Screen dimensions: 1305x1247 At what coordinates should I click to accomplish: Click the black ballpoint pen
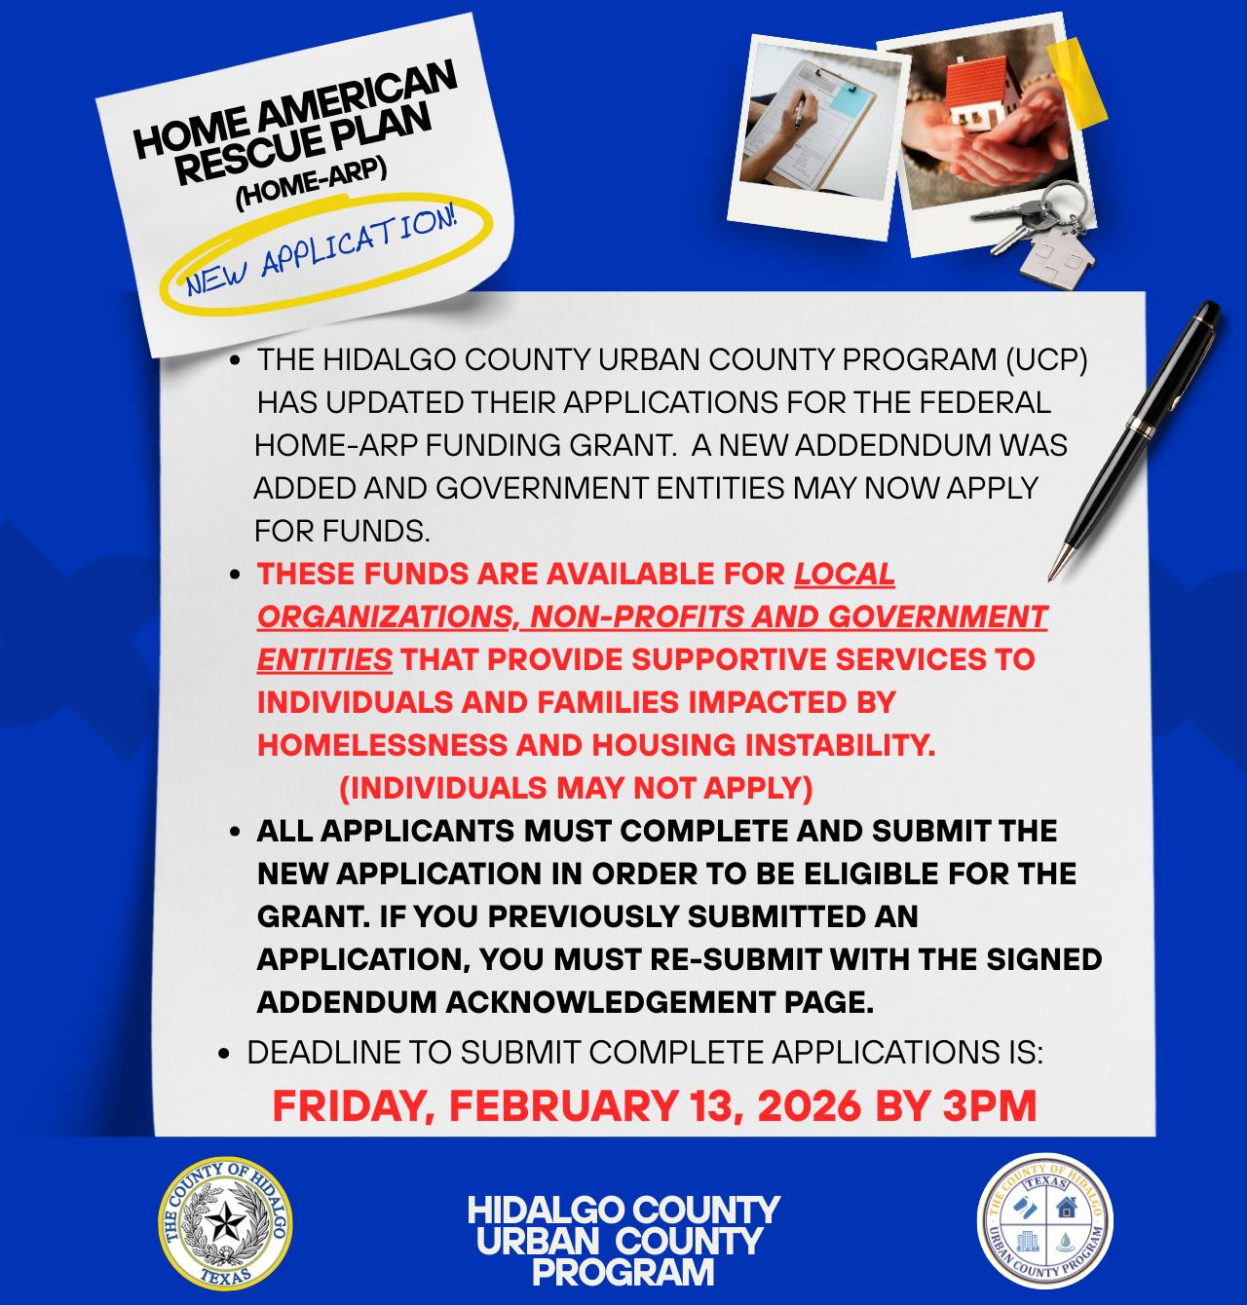(1135, 437)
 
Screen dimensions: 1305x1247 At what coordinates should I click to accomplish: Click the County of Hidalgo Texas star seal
(225, 1220)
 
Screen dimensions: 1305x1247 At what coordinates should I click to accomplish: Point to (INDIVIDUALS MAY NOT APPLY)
(576, 787)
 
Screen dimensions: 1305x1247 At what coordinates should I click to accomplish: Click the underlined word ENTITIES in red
(324, 659)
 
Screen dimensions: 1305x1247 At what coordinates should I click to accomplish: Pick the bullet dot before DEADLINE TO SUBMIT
(225, 1054)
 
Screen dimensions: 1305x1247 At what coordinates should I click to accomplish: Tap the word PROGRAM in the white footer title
(623, 1271)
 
